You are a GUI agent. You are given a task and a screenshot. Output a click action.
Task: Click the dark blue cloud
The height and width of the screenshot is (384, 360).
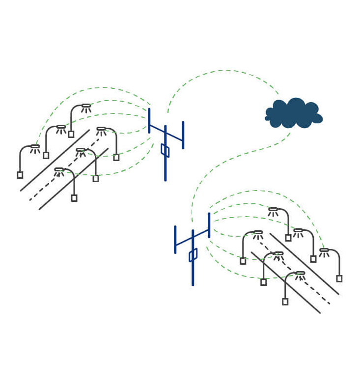coord(294,114)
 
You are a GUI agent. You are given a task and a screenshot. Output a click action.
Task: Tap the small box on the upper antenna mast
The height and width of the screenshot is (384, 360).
coord(165,150)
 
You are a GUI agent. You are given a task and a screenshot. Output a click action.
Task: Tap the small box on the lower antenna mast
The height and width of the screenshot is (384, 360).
coord(193,255)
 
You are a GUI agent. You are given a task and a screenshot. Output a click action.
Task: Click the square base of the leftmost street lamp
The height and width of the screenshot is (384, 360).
coord(20,175)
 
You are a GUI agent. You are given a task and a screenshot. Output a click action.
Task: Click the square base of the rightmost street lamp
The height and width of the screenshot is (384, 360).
coord(339,278)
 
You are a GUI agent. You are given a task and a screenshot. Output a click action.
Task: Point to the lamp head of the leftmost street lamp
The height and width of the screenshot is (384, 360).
coord(35,146)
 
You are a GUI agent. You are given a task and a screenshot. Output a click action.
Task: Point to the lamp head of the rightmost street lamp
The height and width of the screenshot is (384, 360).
coord(324,250)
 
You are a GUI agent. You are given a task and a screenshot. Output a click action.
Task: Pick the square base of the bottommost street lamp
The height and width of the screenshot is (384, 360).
coord(285,302)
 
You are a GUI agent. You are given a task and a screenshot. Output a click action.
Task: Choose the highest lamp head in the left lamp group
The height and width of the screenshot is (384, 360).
coord(86,106)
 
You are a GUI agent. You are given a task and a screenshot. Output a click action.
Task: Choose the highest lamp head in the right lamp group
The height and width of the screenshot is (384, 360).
coord(273,210)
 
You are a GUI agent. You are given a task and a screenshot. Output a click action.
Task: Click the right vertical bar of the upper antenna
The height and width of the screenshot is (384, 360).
coord(183,135)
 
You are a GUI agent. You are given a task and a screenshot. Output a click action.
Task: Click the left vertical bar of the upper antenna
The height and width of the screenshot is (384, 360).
coord(149,121)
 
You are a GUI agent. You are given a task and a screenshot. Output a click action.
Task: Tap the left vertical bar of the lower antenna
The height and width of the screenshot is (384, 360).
coord(175,239)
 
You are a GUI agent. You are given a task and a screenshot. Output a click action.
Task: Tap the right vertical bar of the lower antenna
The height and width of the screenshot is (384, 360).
coord(209,225)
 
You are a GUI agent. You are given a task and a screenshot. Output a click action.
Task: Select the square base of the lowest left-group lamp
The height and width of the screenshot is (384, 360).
coord(74,198)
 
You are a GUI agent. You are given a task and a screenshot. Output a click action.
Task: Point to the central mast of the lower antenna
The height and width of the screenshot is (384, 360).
coord(193,273)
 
